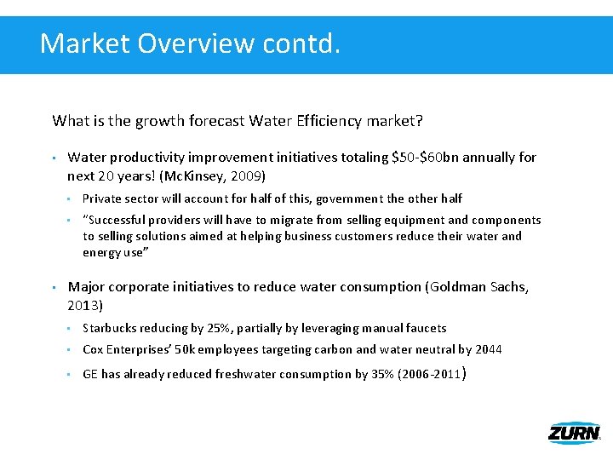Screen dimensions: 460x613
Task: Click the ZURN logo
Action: click(x=574, y=432)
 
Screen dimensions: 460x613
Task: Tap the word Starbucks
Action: click(x=111, y=328)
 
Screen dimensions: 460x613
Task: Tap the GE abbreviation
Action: click(x=90, y=374)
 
